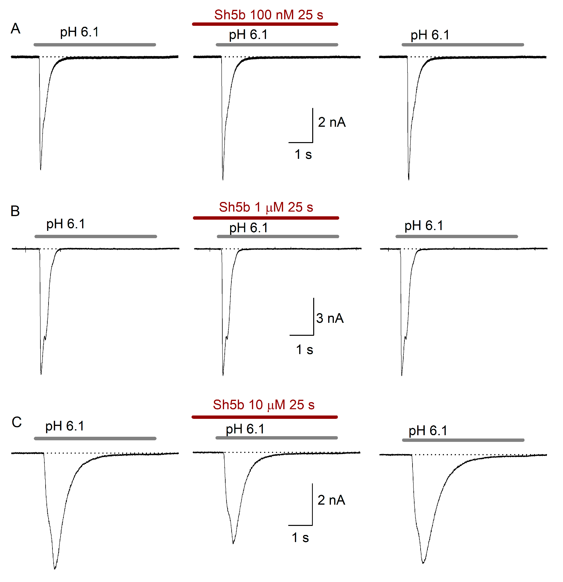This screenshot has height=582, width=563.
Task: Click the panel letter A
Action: click(x=15, y=29)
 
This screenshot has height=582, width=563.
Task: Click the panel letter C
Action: click(x=17, y=422)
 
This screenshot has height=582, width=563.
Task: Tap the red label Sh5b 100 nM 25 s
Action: click(x=269, y=15)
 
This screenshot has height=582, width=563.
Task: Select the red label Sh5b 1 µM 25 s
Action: click(x=266, y=207)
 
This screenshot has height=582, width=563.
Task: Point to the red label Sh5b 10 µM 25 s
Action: click(x=263, y=405)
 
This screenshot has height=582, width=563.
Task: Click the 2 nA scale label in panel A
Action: click(x=332, y=122)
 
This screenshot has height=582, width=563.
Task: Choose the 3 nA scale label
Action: click(x=330, y=318)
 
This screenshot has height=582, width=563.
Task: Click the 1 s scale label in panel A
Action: click(x=303, y=155)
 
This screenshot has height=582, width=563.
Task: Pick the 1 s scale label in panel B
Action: click(x=304, y=350)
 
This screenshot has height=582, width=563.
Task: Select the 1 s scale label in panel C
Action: click(x=300, y=538)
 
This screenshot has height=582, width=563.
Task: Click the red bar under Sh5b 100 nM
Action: click(x=265, y=24)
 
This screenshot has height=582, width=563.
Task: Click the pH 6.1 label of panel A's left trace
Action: click(x=79, y=32)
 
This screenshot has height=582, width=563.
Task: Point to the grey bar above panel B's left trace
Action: click(x=96, y=236)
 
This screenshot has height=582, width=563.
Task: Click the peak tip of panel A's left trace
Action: click(x=41, y=169)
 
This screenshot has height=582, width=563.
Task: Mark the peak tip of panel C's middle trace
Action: click(x=233, y=543)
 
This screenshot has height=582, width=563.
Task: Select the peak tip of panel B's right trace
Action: click(x=402, y=375)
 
